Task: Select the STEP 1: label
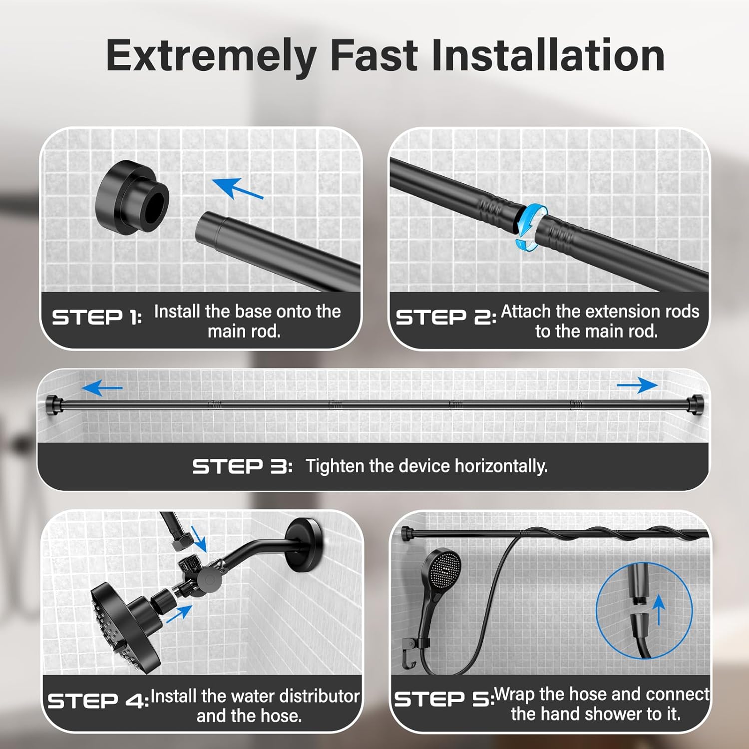click(97, 317)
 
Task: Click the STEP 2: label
click(446, 317)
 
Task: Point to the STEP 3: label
click(242, 466)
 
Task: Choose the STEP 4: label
click(98, 701)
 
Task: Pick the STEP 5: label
click(444, 699)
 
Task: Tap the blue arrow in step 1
click(238, 188)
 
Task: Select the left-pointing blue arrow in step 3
click(102, 387)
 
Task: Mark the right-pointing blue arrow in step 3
click(637, 385)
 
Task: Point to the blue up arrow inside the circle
click(660, 609)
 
